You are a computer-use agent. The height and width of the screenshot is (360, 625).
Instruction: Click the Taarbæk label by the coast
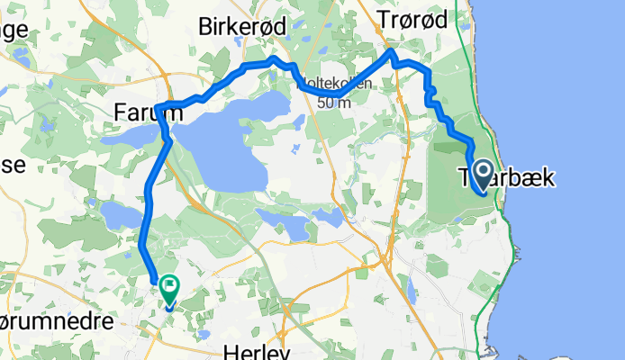pos(504,177)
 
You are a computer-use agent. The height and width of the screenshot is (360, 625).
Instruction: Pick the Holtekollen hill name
pos(335,85)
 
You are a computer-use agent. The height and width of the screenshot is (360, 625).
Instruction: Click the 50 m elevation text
pos(335,102)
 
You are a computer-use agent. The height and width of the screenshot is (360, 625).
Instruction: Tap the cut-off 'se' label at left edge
pos(12,166)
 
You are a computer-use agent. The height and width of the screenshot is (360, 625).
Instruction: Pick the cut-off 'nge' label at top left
pos(14,29)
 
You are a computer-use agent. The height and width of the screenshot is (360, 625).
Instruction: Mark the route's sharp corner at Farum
pos(157,109)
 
